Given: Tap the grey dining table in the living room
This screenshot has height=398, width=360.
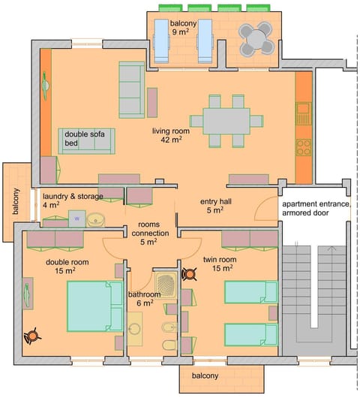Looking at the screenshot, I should coord(226,121).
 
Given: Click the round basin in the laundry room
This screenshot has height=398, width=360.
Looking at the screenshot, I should coord(95,220).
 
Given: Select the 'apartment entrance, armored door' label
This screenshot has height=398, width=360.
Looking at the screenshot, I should coord(315,209).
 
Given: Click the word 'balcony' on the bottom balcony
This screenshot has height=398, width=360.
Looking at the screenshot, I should coord(204,375).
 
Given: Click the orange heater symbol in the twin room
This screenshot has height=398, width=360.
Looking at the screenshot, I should coord(189,274).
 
